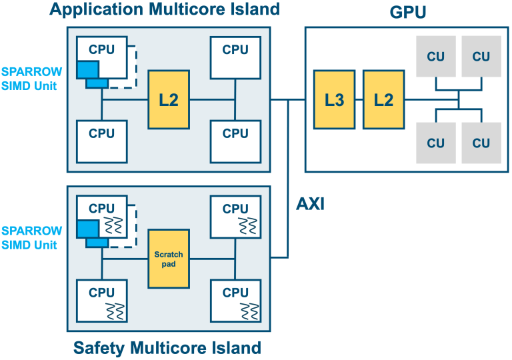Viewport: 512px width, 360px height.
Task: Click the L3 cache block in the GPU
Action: (x=335, y=99)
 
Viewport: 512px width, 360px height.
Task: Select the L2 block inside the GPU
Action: (x=383, y=99)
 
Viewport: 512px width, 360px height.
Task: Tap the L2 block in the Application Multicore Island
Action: (x=169, y=99)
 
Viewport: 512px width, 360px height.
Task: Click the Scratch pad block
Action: (x=169, y=259)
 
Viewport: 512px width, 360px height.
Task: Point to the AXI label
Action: (x=310, y=203)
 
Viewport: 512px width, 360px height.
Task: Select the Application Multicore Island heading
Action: (x=165, y=10)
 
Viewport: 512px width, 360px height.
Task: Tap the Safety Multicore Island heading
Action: (x=167, y=347)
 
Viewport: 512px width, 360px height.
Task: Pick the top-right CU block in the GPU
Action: (x=481, y=57)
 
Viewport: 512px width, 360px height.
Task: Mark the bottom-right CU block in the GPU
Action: (x=481, y=143)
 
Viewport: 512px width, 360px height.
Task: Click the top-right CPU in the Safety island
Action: (x=235, y=217)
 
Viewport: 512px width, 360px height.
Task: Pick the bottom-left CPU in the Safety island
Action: (x=102, y=301)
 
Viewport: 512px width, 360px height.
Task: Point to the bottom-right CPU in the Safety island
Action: (x=235, y=301)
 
